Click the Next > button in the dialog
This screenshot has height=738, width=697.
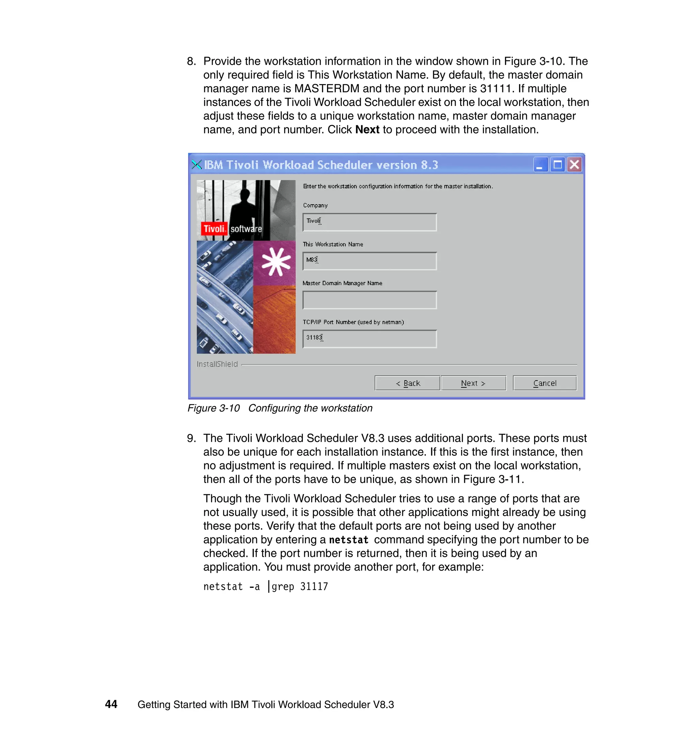click(473, 383)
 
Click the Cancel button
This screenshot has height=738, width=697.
click(544, 383)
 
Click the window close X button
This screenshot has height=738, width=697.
click(574, 164)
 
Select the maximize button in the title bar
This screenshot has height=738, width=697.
click(557, 164)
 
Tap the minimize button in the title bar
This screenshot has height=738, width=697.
click(540, 164)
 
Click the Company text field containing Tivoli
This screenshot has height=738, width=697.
click(369, 222)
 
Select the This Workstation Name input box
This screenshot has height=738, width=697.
click(369, 261)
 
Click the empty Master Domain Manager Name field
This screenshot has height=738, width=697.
click(369, 300)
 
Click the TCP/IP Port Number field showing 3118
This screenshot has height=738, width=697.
click(369, 338)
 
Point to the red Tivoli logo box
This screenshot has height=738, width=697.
click(214, 228)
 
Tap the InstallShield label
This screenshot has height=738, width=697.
click(217, 364)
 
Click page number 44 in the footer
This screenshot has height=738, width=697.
click(111, 704)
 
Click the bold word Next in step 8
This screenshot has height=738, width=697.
click(367, 130)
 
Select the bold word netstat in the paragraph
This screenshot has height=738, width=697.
click(348, 540)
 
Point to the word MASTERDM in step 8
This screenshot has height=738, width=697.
click(327, 89)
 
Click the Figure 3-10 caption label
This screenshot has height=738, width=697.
click(213, 408)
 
